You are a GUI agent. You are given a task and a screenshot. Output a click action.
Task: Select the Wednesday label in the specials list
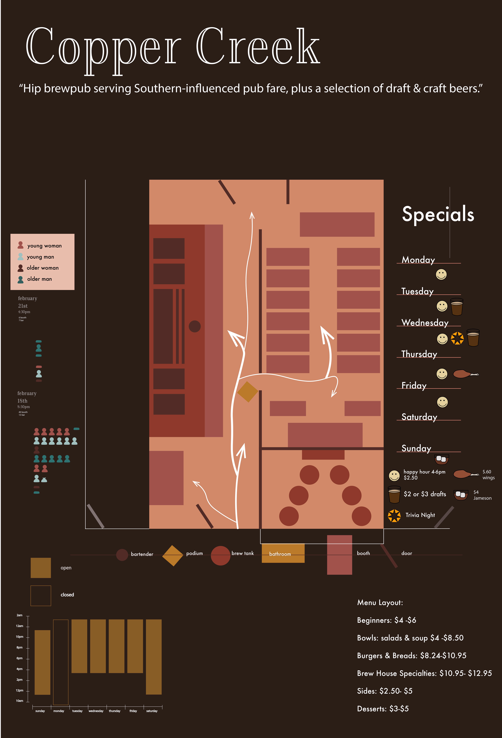coord(425,323)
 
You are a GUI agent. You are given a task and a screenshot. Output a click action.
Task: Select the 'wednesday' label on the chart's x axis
coord(96,711)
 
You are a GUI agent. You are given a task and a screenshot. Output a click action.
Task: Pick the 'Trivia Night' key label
coord(420,515)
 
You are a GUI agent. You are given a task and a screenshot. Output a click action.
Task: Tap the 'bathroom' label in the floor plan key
coord(280,554)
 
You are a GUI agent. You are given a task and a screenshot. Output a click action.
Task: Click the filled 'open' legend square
coord(41,568)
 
